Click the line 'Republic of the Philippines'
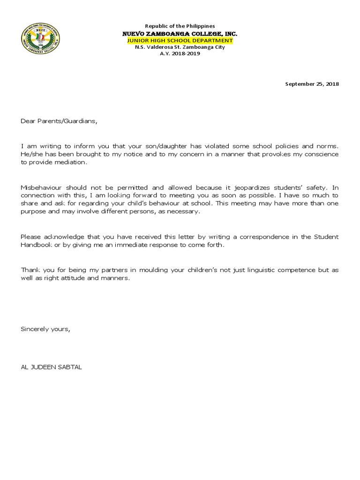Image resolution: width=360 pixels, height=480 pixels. pyautogui.click(x=180, y=27)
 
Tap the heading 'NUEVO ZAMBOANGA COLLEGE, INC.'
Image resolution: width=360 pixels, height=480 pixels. pyautogui.click(x=180, y=34)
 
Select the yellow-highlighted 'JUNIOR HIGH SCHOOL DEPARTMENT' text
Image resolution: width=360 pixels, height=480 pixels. pyautogui.click(x=180, y=41)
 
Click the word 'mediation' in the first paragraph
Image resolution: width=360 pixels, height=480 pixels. pyautogui.click(x=72, y=162)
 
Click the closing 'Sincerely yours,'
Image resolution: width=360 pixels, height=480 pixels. pyautogui.click(x=45, y=329)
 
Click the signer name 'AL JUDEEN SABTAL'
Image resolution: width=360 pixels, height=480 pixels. pyautogui.click(x=51, y=367)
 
